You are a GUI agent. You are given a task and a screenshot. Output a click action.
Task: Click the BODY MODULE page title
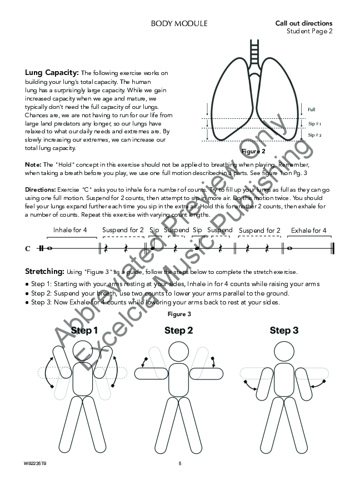(179, 23)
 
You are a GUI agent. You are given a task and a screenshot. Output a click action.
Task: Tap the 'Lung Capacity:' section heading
(52, 73)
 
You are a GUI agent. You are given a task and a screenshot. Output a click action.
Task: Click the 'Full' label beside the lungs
(311, 109)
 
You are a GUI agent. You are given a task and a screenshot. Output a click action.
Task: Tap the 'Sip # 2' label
(314, 135)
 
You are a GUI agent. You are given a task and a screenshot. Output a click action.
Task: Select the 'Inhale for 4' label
(69, 230)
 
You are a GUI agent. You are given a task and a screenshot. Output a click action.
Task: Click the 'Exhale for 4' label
(308, 230)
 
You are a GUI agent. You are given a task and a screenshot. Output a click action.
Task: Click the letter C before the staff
(28, 249)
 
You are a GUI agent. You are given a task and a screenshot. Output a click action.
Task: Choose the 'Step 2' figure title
(179, 331)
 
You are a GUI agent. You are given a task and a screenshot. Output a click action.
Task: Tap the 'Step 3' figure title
(284, 331)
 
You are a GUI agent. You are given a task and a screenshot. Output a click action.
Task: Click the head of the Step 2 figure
(179, 352)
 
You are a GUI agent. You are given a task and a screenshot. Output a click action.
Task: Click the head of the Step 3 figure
(284, 352)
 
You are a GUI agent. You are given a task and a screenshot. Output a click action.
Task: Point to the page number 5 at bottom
(180, 463)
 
